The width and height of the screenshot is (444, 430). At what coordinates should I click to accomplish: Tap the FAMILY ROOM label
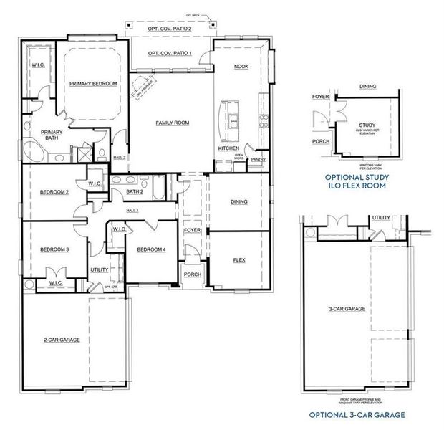(172, 123)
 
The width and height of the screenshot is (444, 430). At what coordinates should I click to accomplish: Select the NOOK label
(241, 66)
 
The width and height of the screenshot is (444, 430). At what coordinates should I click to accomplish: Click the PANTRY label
(259, 160)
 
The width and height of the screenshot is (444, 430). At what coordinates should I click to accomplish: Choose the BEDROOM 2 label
(54, 191)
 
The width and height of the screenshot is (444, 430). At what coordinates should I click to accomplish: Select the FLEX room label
(239, 260)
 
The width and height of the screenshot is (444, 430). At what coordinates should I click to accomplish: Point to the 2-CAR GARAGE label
(60, 339)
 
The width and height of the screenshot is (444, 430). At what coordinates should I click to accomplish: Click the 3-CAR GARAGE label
(347, 309)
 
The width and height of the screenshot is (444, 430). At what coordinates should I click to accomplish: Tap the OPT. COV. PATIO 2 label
(170, 28)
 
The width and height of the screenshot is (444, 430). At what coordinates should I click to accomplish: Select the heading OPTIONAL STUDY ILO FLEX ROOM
(355, 181)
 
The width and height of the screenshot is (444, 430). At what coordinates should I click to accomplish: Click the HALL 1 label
(132, 210)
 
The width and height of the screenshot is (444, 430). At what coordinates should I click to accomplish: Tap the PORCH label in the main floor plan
(192, 274)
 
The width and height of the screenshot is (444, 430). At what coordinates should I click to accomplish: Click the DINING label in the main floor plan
(239, 201)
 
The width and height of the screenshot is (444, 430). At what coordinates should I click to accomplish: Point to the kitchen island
(233, 115)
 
